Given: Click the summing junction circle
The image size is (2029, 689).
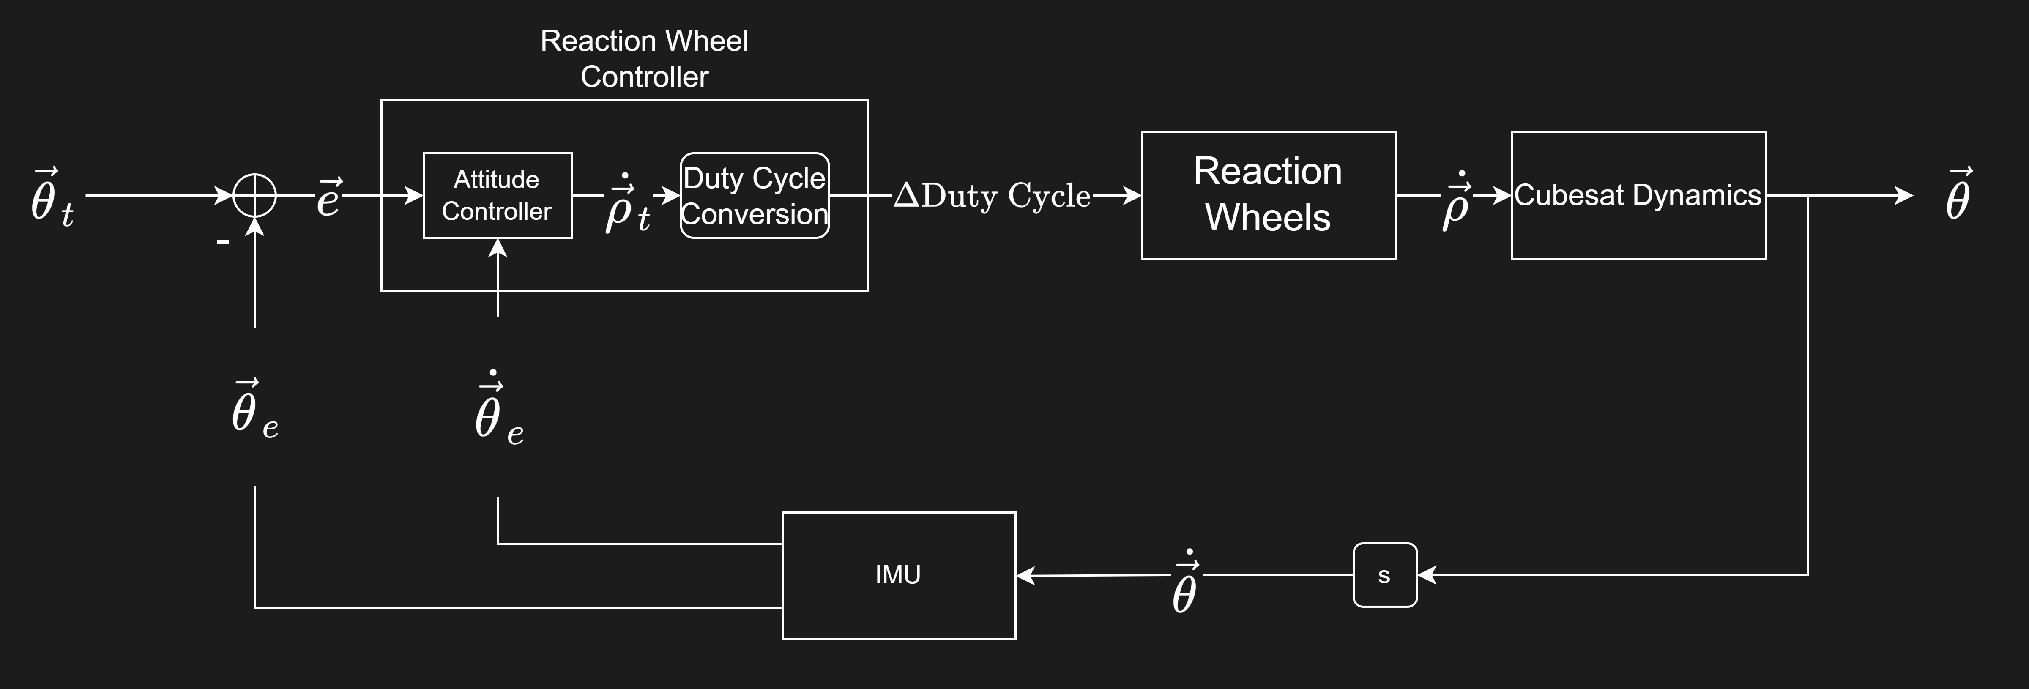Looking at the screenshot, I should [254, 195].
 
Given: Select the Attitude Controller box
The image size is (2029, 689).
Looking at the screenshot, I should [497, 195].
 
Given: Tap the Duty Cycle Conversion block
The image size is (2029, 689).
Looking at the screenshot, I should [755, 195].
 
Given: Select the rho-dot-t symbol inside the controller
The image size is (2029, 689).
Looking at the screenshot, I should [628, 205].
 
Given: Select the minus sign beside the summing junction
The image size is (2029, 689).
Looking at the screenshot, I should [223, 242].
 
